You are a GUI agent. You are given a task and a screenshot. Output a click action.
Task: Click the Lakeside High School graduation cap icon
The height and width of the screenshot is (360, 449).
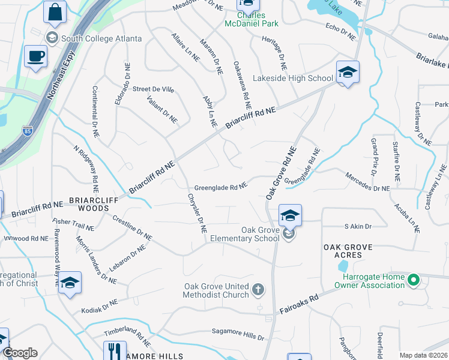348,73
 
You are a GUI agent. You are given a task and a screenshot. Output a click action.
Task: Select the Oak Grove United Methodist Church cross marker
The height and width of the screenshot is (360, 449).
258,290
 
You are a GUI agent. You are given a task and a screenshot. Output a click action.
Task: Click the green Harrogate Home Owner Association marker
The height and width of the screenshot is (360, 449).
413,280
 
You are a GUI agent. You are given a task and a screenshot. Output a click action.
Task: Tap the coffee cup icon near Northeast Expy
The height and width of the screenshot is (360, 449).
35,57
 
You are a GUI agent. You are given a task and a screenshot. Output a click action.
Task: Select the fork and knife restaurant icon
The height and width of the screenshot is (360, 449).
115,350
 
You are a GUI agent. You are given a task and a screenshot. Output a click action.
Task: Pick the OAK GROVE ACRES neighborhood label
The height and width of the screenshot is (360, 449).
348,251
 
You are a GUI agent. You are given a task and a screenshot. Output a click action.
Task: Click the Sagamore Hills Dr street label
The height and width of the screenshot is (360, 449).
238,331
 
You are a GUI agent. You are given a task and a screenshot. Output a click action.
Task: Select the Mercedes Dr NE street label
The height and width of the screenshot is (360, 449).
367,182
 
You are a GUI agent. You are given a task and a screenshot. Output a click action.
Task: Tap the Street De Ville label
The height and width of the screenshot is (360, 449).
153,89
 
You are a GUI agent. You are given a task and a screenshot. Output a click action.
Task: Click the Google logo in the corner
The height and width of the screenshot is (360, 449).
20,353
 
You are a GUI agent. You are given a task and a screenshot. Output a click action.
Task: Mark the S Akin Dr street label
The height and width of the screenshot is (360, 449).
358,226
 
